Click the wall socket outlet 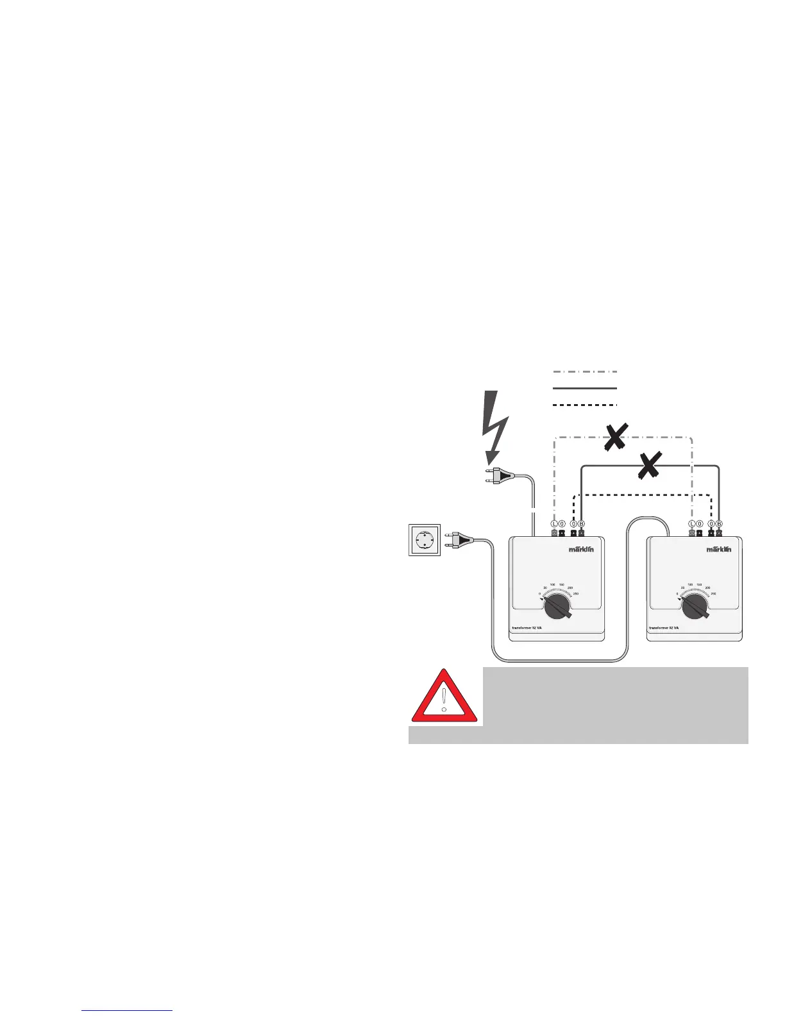click(425, 540)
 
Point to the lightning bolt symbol click(495, 427)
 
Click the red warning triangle click(444, 698)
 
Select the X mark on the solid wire click(649, 465)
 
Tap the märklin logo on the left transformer click(582, 549)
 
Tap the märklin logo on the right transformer click(719, 549)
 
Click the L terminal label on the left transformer click(555, 523)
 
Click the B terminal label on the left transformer click(582, 523)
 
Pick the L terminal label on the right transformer click(692, 523)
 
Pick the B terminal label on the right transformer click(720, 523)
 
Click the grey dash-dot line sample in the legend click(584, 371)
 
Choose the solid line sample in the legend click(584, 388)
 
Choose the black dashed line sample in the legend click(584, 405)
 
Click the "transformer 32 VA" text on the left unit click(527, 628)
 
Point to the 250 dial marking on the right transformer click(713, 594)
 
